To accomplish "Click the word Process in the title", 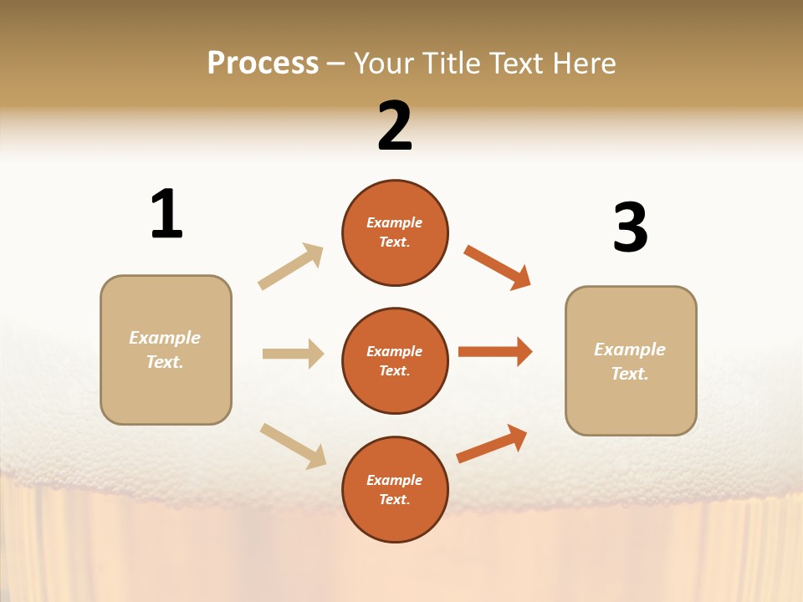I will coord(263,64).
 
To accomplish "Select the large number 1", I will coord(166,215).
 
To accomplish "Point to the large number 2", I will coord(395,126).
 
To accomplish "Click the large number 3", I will coord(630,228).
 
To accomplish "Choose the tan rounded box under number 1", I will coord(166,349).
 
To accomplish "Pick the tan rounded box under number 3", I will coord(631,360).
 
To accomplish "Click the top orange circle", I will coord(395,232).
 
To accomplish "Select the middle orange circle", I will coord(395,360).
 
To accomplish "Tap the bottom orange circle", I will coord(395,489).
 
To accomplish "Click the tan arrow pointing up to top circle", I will coord(291,266).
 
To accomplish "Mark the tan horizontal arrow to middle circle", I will coord(293,354).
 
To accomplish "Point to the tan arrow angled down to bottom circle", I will coord(293,445).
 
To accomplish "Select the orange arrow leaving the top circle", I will coord(498,267).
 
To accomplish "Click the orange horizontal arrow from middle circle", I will coord(495,351).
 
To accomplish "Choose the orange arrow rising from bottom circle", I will coord(492,443).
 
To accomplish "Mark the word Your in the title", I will coord(381,64).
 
